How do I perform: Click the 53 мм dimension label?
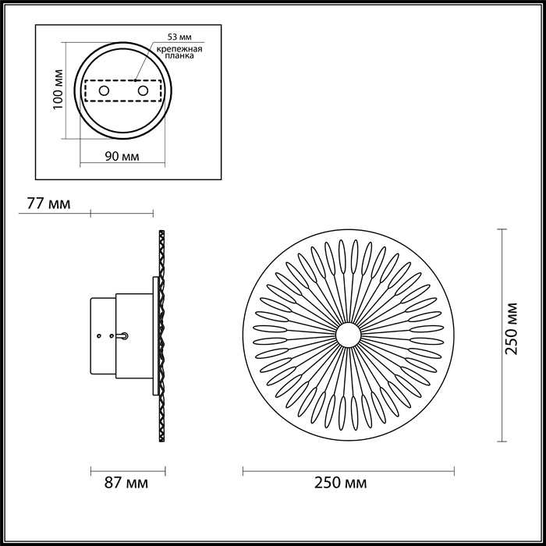point(178,37)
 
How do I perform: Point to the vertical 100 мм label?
point(56,91)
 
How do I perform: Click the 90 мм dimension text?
point(122,157)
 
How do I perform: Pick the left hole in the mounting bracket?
point(101,91)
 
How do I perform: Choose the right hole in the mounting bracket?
point(143,91)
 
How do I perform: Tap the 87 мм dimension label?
point(126,484)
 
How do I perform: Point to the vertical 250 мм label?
point(512,328)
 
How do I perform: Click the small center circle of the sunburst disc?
point(348,335)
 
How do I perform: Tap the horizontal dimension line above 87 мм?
point(129,470)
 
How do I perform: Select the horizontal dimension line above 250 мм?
point(348,470)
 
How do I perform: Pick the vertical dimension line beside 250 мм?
point(500,335)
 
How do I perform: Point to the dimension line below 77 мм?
point(122,212)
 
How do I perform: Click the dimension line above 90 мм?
point(122,142)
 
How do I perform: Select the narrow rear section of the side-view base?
point(104,336)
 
